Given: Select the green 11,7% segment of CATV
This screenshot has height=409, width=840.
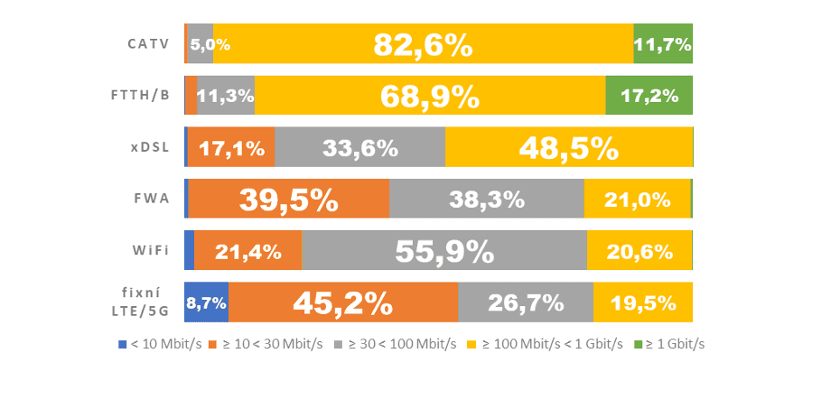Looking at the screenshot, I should coord(663,44).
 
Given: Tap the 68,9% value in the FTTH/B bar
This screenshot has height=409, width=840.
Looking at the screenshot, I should coord(429,96).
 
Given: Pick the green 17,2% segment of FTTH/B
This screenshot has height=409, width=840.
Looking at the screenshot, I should coord(649,96).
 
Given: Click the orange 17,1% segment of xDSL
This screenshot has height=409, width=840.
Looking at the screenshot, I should coord(231,147).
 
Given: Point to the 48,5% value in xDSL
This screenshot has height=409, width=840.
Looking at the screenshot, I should coord(568,147).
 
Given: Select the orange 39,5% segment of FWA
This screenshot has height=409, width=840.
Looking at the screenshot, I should coord(288,199).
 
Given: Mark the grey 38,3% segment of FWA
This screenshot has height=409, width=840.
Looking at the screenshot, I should coord(486,199).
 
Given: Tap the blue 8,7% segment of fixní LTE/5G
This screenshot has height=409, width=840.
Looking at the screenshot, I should coord(207,302).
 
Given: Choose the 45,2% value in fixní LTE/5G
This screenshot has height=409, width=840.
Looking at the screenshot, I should coord(342,302).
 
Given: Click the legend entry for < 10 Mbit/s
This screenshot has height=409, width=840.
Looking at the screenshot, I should coord(161,345).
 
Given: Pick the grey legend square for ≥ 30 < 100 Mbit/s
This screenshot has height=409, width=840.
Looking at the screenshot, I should coord(338,345).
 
